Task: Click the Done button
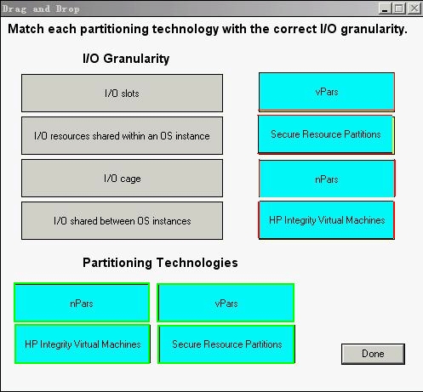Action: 373,354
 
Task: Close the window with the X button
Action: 414,9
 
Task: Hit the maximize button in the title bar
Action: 399,9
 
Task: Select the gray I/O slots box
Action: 122,94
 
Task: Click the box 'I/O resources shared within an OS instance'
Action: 122,136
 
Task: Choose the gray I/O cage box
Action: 122,179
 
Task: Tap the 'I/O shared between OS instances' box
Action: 122,221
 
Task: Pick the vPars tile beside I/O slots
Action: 327,92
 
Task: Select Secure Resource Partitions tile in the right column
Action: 326,134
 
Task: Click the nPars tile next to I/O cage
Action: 327,179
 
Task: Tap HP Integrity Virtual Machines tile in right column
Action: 326,220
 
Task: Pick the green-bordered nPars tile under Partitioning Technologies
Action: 82,303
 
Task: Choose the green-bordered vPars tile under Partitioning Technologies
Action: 226,303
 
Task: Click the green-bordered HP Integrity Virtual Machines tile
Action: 83,344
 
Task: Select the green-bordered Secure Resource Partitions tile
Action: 226,344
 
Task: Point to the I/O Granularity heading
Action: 126,59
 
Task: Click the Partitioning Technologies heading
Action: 160,263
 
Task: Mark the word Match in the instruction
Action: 26,29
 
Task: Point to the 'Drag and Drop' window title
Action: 41,9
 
